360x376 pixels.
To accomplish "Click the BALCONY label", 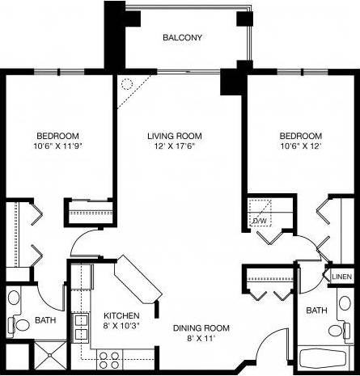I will click(x=181, y=38).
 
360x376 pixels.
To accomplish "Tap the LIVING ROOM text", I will click(x=174, y=136).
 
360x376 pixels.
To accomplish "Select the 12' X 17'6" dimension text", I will click(x=174, y=147).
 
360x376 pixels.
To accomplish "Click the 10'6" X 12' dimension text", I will click(x=300, y=147).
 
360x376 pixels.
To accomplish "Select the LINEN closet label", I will click(x=341, y=277).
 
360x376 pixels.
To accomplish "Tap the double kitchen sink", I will click(x=82, y=329).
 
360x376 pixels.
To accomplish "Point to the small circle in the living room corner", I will click(x=126, y=82).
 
